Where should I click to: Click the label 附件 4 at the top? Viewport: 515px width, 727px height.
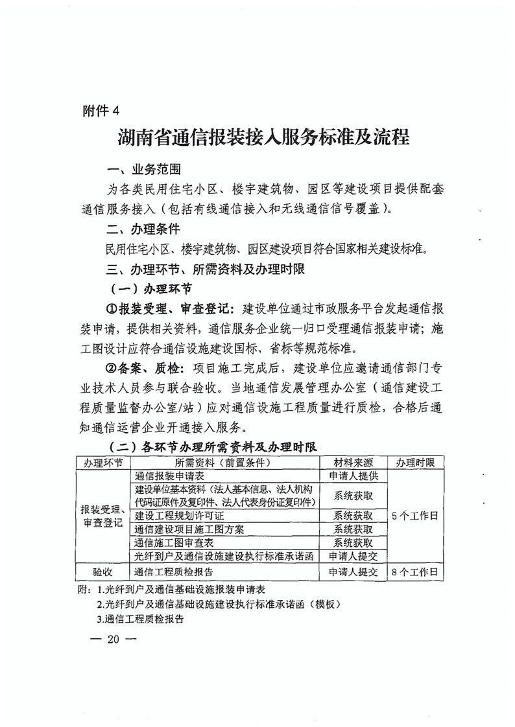(x=102, y=110)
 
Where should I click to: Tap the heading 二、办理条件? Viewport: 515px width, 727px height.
(x=143, y=229)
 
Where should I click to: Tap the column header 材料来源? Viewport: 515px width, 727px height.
(x=353, y=463)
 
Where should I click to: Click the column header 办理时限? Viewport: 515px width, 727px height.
(x=415, y=463)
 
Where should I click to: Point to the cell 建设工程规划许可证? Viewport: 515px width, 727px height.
(x=179, y=516)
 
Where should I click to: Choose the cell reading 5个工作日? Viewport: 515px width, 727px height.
(x=415, y=516)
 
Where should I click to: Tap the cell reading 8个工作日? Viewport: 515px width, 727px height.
(x=415, y=572)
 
